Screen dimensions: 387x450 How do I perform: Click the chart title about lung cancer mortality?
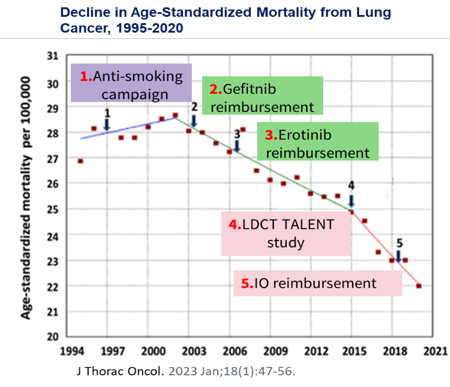click(226, 20)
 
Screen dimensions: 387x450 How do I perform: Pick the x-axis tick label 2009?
click(276, 351)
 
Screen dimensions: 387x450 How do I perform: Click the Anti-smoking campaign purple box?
click(130, 85)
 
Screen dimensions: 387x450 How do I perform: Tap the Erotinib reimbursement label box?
click(317, 144)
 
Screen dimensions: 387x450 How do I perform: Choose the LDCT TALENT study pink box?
click(286, 233)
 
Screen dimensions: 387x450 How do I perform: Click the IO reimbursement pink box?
click(317, 283)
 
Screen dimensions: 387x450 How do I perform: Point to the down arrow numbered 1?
click(107, 124)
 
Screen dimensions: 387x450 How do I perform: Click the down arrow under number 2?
click(194, 120)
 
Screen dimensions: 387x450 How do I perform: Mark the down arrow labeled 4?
click(352, 201)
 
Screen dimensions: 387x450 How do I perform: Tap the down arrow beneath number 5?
click(398, 255)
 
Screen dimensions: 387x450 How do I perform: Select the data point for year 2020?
click(419, 286)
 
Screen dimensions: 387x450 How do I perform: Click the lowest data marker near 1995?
click(81, 161)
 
